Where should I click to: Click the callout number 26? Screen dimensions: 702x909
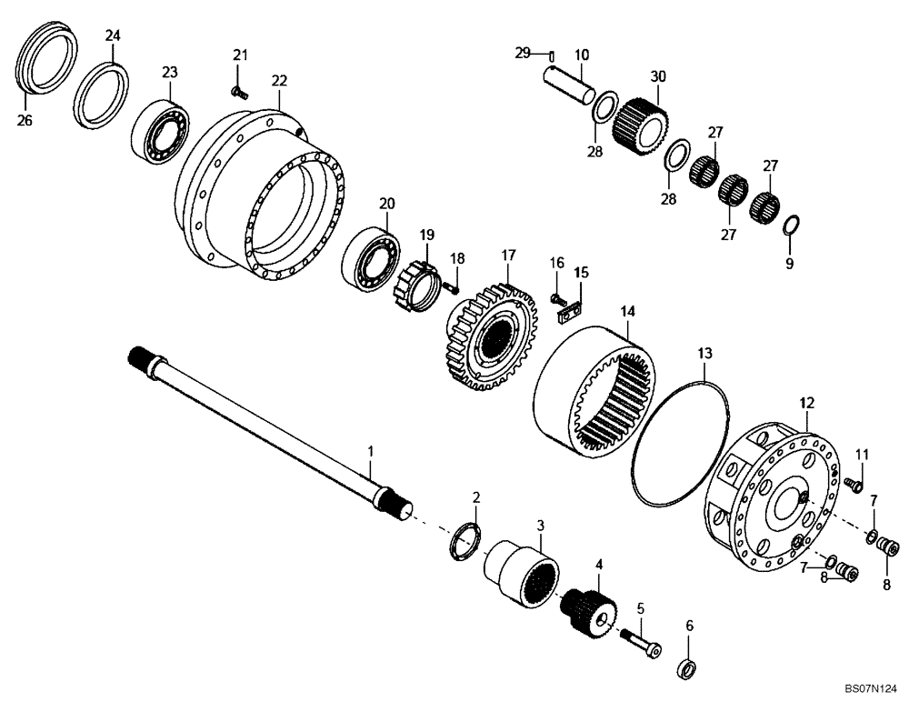click(25, 119)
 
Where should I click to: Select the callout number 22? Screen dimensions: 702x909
click(279, 81)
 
